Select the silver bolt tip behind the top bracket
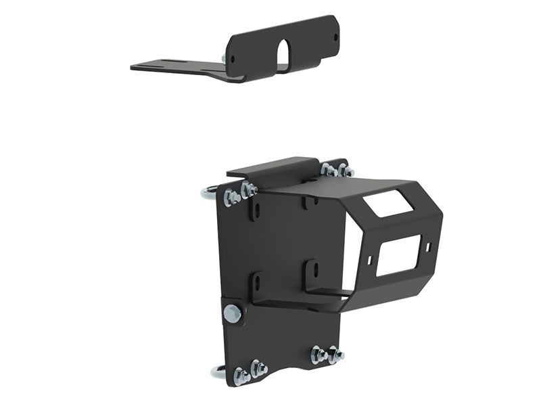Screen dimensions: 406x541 click(224, 61)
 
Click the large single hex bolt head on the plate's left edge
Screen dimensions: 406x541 click(232, 313)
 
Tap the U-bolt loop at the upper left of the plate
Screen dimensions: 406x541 click(208, 195)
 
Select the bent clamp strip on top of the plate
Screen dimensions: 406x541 click(270, 166)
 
